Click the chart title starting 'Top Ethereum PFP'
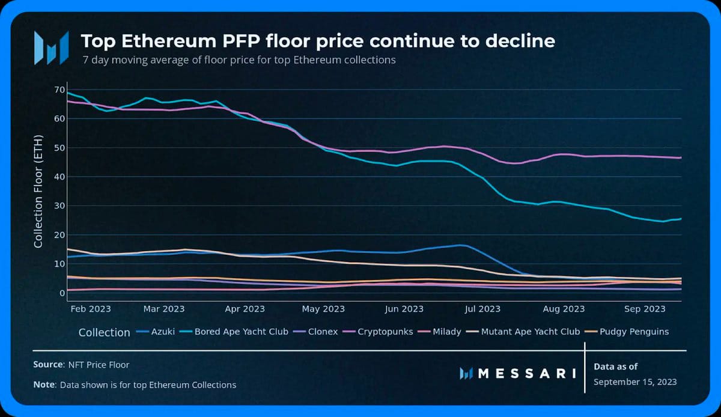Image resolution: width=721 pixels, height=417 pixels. (x=318, y=41)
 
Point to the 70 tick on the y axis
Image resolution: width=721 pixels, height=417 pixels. (x=58, y=90)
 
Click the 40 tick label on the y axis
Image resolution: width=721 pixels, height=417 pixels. (x=58, y=177)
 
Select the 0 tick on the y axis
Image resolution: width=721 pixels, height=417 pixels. (x=61, y=293)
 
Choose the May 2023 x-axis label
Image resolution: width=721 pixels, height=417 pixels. (x=323, y=309)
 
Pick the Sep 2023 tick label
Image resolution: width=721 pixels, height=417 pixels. (x=645, y=309)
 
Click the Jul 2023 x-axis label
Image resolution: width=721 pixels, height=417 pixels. (x=482, y=309)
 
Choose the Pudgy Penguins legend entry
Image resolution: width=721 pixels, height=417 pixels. (x=638, y=332)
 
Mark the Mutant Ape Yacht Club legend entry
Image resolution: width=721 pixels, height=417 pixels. (x=532, y=332)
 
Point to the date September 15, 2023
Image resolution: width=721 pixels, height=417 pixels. (x=635, y=382)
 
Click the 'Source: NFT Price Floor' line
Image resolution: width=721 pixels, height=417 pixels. (x=81, y=364)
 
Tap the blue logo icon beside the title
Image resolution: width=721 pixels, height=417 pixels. (x=50, y=47)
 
